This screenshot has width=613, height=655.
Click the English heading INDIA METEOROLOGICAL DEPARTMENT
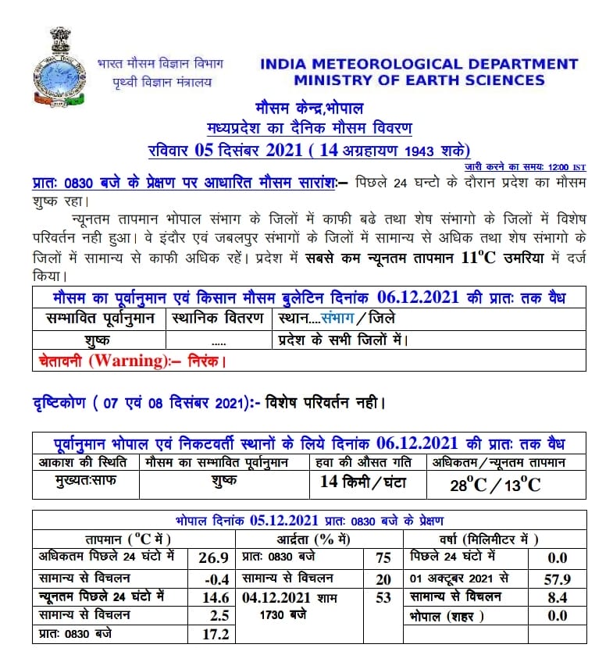click(x=419, y=64)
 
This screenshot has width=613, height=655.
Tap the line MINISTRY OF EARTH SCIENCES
click(x=419, y=80)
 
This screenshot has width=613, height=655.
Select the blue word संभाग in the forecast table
click(x=337, y=319)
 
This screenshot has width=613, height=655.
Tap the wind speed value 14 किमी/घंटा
click(x=363, y=482)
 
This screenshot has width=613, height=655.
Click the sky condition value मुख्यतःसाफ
click(x=77, y=481)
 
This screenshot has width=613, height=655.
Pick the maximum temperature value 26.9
click(x=215, y=558)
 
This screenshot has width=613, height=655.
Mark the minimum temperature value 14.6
click(x=215, y=597)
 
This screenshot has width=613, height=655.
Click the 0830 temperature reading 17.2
click(x=215, y=634)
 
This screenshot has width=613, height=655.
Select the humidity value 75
click(x=383, y=558)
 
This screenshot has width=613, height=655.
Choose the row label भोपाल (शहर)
click(x=447, y=616)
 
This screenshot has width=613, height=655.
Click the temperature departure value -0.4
click(x=215, y=578)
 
